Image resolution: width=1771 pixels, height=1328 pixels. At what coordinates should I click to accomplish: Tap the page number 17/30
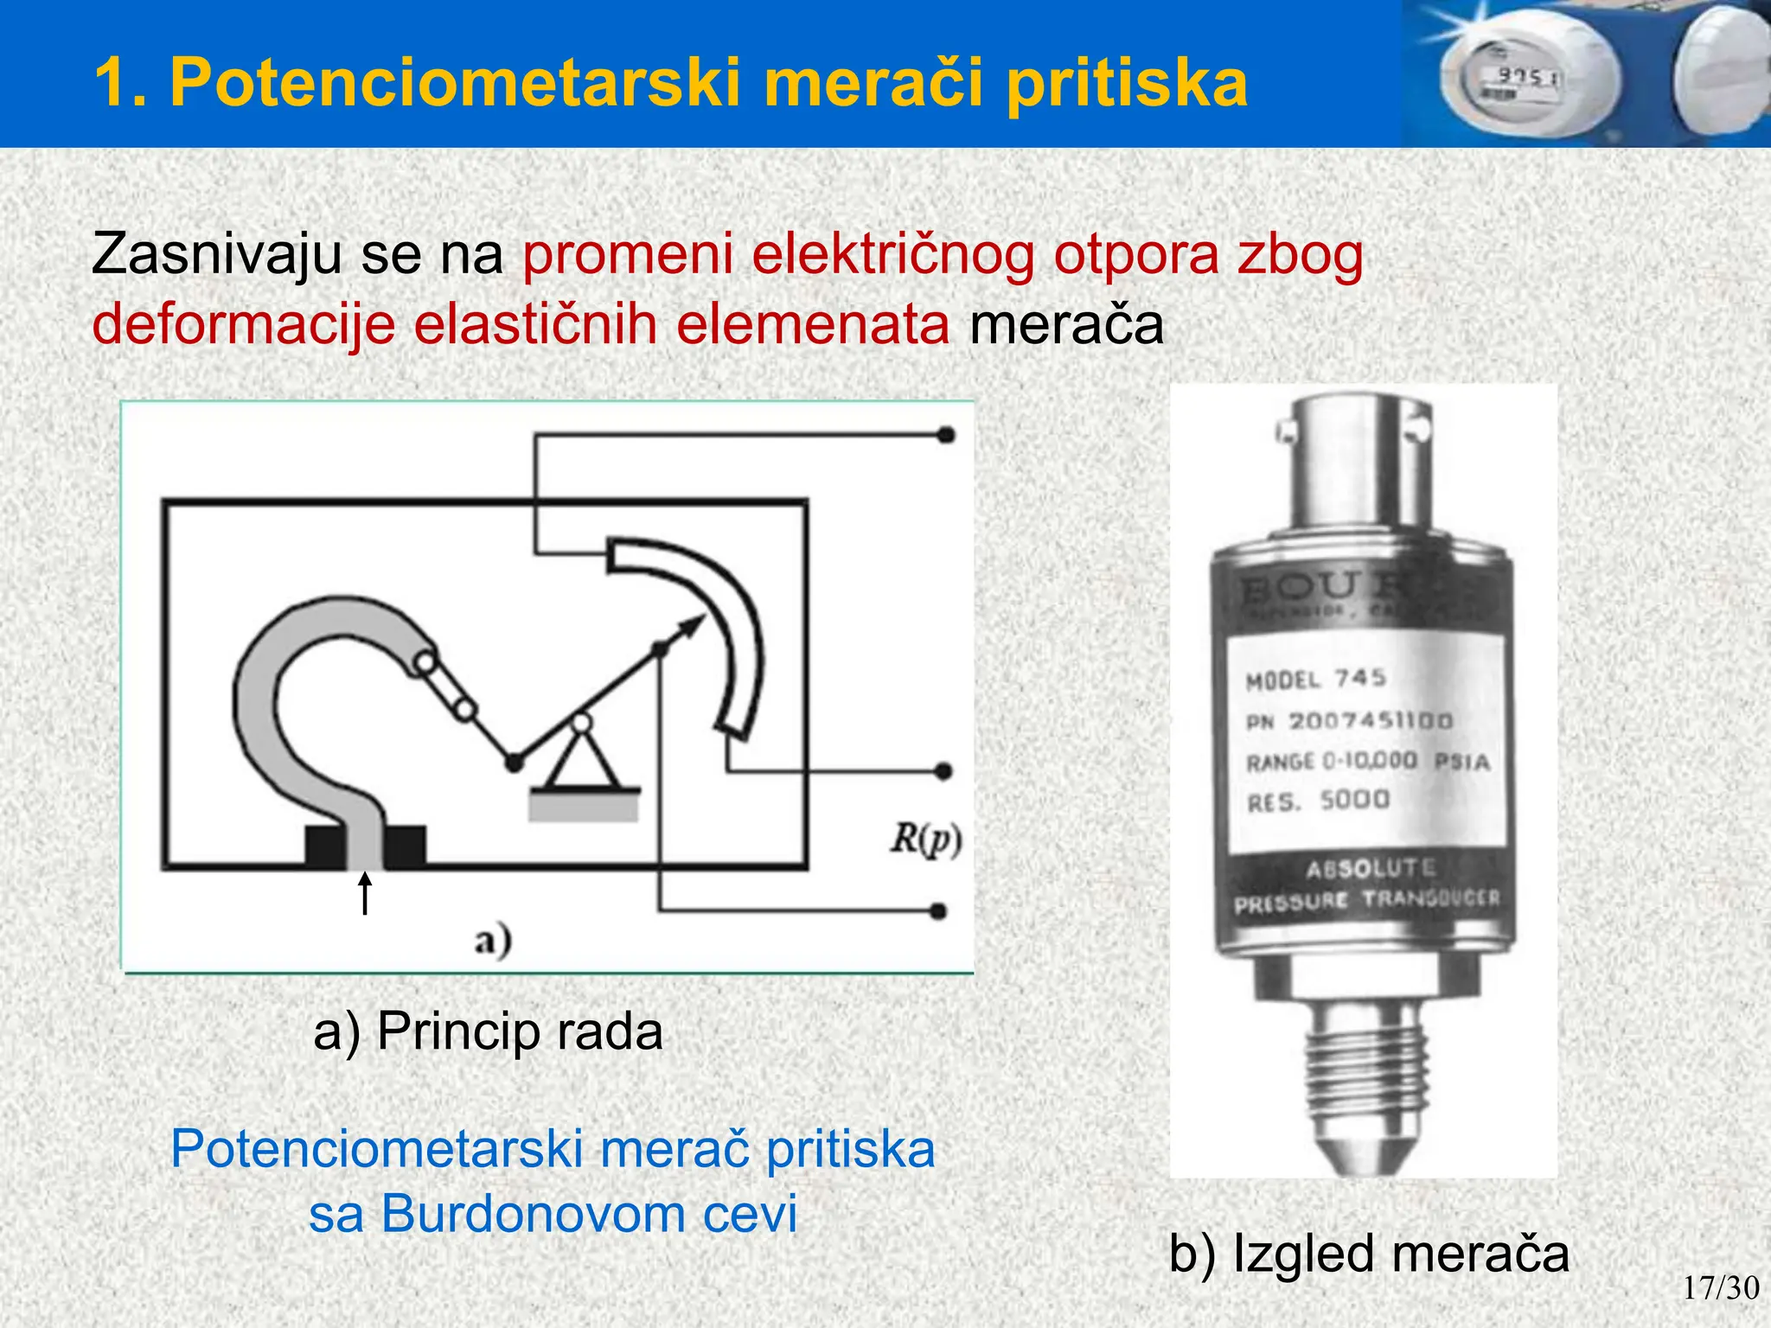click(1720, 1288)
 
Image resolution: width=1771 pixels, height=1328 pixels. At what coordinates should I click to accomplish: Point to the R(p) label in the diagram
click(926, 840)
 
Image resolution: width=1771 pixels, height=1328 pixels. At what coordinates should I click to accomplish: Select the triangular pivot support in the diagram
click(583, 757)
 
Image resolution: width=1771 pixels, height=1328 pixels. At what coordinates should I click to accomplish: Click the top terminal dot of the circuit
click(946, 435)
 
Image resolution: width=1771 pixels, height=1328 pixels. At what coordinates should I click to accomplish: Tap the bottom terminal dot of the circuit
click(938, 910)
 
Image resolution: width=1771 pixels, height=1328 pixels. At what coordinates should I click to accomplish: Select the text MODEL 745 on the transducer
click(1315, 679)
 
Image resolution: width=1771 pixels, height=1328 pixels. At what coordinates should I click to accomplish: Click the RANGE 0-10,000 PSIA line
click(1367, 762)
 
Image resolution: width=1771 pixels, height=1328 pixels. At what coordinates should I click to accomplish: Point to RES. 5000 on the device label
click(1318, 801)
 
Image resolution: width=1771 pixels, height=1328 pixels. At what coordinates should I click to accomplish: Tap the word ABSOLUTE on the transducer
click(1371, 867)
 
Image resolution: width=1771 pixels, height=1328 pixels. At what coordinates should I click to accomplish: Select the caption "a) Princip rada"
click(488, 1031)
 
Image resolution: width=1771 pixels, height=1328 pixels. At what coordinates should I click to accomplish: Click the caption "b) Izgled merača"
click(1368, 1254)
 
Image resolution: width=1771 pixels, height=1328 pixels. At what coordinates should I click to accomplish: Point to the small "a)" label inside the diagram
click(493, 941)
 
